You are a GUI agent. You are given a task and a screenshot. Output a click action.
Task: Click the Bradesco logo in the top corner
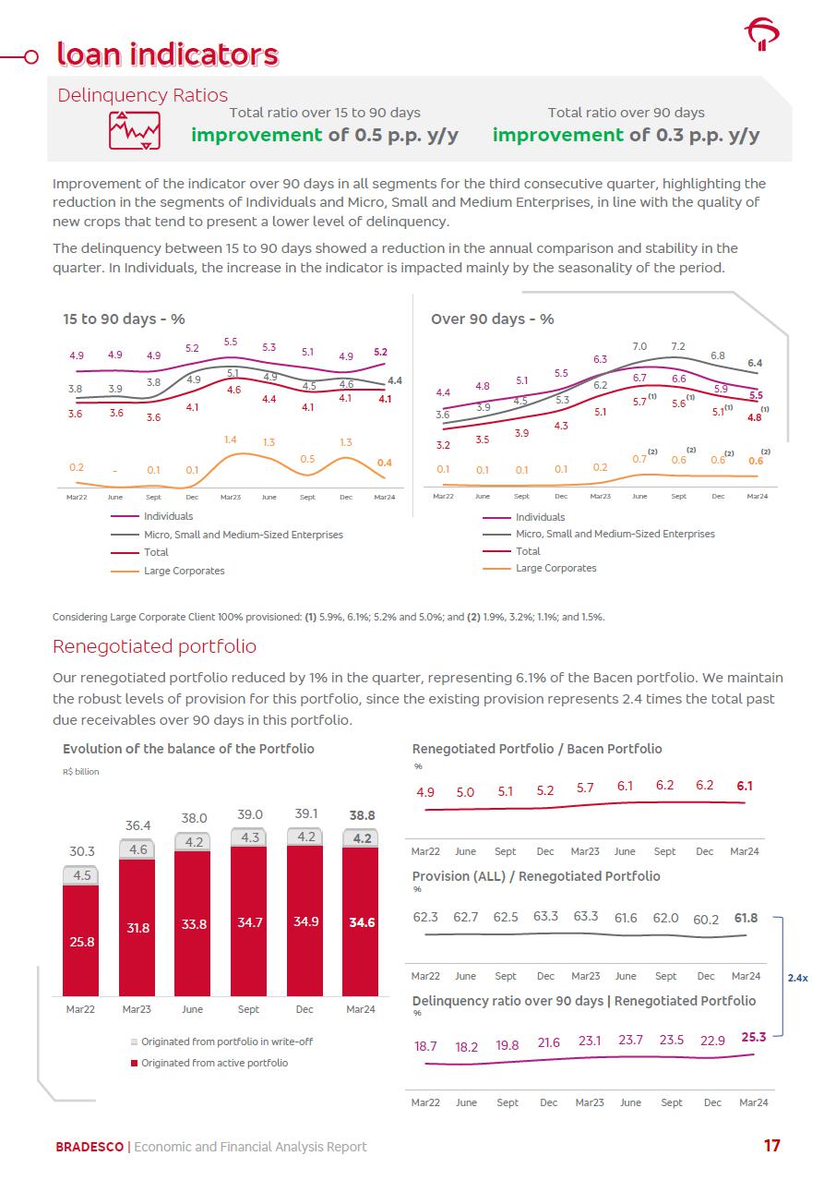coord(761,35)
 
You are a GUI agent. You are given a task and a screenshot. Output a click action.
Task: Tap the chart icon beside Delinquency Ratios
coord(135,131)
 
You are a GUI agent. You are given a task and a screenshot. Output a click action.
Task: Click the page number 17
coord(771,1146)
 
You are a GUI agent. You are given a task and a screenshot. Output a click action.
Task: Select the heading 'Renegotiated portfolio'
coord(154,646)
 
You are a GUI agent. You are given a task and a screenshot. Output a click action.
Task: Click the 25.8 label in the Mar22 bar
coord(81,942)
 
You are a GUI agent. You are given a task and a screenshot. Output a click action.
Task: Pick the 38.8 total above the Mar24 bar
coord(361,816)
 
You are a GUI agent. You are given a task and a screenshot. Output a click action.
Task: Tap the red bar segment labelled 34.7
coord(249,922)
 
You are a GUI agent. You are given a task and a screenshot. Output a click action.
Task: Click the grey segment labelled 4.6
coord(137,849)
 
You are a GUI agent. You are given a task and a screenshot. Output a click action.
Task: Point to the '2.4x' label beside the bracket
coord(797,977)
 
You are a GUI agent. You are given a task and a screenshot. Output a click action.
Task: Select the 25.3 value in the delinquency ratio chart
coord(753,1037)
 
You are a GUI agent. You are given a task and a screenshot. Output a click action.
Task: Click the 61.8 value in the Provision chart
coord(746,918)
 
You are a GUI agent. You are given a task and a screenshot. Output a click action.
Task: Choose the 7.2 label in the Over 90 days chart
coord(678,347)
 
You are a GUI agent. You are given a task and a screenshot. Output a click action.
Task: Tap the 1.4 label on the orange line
coord(231,439)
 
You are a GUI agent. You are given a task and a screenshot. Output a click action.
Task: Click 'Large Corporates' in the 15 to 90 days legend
coord(184,571)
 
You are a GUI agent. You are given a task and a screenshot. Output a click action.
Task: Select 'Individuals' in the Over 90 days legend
coord(540,517)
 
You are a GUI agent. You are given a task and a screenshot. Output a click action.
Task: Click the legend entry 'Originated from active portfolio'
coord(213,1063)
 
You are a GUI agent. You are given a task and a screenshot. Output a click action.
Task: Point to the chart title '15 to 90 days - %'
coord(124,319)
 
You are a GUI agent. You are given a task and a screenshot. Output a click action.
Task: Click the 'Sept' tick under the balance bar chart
coord(249,1009)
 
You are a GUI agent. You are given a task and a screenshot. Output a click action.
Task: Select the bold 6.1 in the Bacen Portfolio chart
coord(745,786)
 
